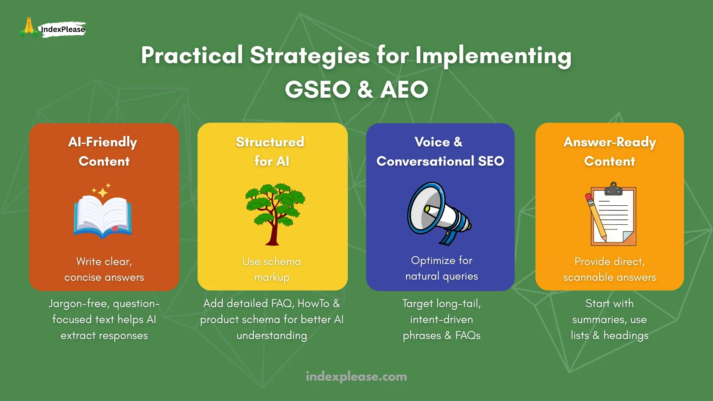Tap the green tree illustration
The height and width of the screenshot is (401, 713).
274,213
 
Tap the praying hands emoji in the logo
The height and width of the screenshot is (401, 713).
29,27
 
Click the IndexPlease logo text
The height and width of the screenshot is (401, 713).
63,29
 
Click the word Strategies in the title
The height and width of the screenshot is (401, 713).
310,55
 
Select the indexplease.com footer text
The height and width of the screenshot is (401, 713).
356,376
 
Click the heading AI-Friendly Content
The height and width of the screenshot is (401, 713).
104,151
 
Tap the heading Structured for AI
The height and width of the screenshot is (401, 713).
271,151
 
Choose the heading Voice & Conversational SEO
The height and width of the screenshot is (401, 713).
440,151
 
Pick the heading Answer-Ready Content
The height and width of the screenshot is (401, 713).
609,151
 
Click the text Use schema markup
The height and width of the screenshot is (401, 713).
271,269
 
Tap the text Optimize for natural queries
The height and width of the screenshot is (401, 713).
441,268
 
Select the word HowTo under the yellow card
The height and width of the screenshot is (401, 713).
313,304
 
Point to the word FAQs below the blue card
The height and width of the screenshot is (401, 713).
468,336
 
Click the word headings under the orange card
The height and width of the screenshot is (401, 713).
626,336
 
